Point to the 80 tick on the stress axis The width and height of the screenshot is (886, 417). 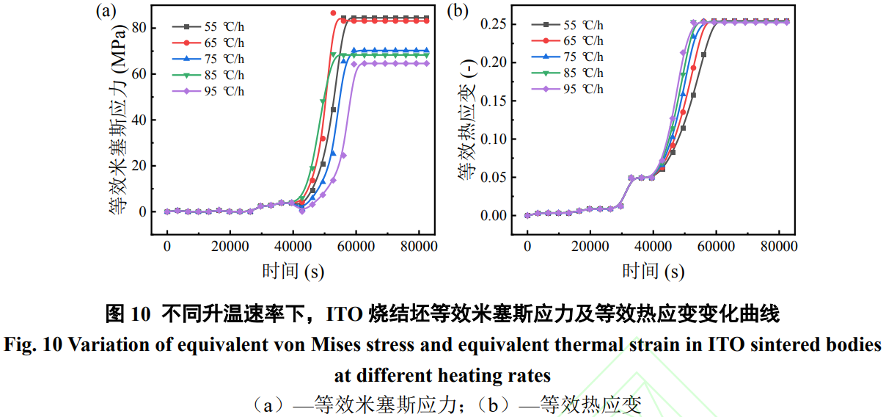point(139,28)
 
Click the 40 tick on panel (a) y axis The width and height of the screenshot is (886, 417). point(139,120)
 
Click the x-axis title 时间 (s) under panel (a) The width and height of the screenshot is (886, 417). point(293,271)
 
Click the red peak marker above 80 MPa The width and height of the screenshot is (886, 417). point(333,13)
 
